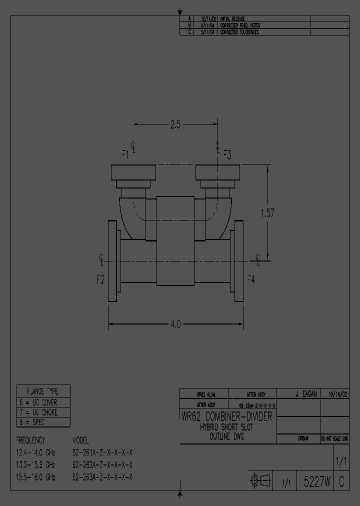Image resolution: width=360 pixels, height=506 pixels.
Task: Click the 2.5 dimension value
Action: (175, 125)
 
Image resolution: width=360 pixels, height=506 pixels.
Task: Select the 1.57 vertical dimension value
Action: (267, 213)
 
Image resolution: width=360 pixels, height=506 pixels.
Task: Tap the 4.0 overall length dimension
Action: (175, 324)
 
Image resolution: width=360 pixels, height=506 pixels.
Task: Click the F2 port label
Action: (101, 280)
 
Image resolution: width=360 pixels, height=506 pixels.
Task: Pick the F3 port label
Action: (226, 154)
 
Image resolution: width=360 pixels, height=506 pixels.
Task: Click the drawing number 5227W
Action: (317, 482)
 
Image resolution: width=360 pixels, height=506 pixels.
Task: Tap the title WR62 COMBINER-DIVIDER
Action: (226, 416)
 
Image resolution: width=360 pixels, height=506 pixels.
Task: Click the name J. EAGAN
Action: (306, 394)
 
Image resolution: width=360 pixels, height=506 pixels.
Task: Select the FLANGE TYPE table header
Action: (43, 391)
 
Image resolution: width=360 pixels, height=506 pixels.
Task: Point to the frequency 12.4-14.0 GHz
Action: (35, 452)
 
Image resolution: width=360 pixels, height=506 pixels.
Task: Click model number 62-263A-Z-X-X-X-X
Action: (102, 477)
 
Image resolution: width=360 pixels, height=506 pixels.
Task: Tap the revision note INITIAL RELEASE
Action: (232, 18)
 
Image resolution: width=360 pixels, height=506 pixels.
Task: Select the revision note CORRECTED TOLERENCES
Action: (239, 32)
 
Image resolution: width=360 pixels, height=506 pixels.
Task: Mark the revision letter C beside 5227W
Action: (341, 482)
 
